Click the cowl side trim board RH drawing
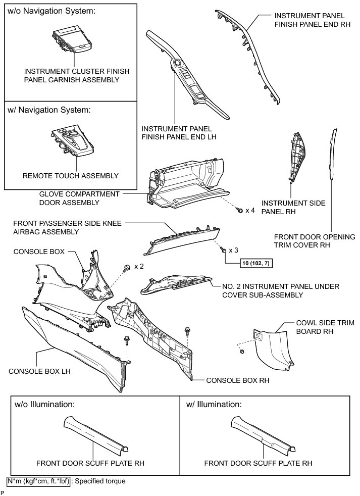pyautogui.click(x=273, y=349)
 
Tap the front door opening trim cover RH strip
pyautogui.click(x=332, y=154)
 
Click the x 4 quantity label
pyautogui.click(x=250, y=210)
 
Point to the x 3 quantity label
pyautogui.click(x=233, y=250)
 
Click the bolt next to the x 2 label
pyautogui.click(x=127, y=266)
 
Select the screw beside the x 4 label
pyautogui.click(x=240, y=210)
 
